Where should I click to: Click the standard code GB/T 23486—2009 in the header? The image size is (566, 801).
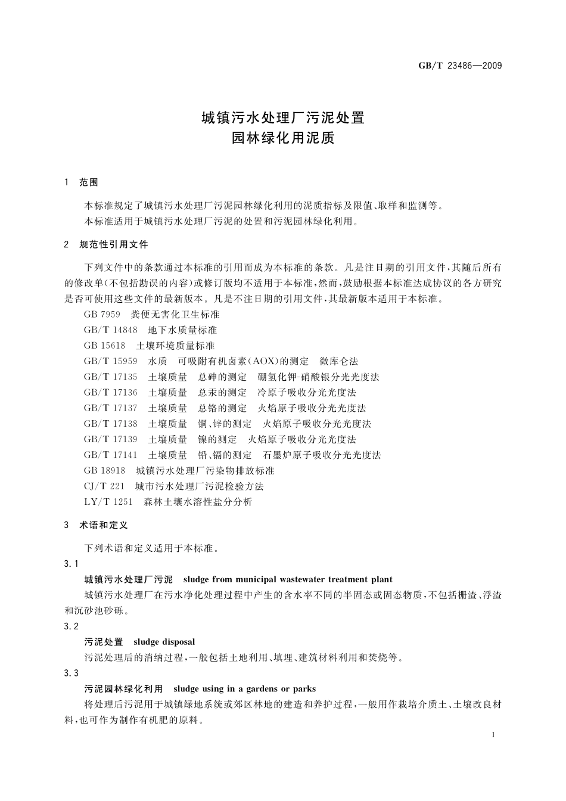pyautogui.click(x=460, y=66)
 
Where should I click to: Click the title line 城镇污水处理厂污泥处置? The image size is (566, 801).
pyautogui.click(x=283, y=117)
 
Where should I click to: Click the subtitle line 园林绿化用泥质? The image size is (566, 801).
pyautogui.click(x=283, y=138)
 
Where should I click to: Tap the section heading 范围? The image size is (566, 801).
pyautogui.click(x=89, y=182)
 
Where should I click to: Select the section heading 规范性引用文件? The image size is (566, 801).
pyautogui.click(x=114, y=244)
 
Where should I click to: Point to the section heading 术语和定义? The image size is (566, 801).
pyautogui.click(x=104, y=525)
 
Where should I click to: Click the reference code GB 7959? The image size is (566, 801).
pyautogui.click(x=102, y=315)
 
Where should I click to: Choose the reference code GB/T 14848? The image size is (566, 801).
pyautogui.click(x=111, y=330)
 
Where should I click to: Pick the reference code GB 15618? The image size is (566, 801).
pyautogui.click(x=105, y=346)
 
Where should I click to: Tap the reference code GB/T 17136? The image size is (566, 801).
pyautogui.click(x=111, y=393)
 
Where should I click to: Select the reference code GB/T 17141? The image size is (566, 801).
pyautogui.click(x=111, y=455)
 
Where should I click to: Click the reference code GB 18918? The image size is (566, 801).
pyautogui.click(x=105, y=471)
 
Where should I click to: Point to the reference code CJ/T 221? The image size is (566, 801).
pyautogui.click(x=104, y=486)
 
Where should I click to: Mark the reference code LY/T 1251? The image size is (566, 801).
pyautogui.click(x=108, y=502)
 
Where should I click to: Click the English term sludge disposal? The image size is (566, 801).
pyautogui.click(x=164, y=642)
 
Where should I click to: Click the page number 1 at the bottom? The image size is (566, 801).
pyautogui.click(x=494, y=735)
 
